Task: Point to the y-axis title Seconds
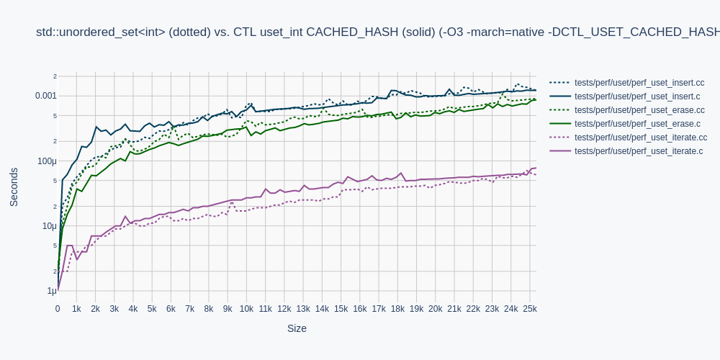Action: tap(14, 187)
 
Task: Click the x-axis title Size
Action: tap(297, 328)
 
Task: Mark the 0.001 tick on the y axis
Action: tap(45, 96)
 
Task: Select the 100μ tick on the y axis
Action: tap(47, 161)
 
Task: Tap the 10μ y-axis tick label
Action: tap(49, 226)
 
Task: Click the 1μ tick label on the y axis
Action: tap(51, 291)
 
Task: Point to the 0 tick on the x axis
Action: tap(58, 309)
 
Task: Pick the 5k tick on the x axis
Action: tap(152, 309)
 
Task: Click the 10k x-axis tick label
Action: tap(246, 309)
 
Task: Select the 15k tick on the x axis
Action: tap(341, 309)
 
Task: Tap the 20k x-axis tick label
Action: tap(435, 309)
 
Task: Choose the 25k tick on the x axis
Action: tap(529, 309)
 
